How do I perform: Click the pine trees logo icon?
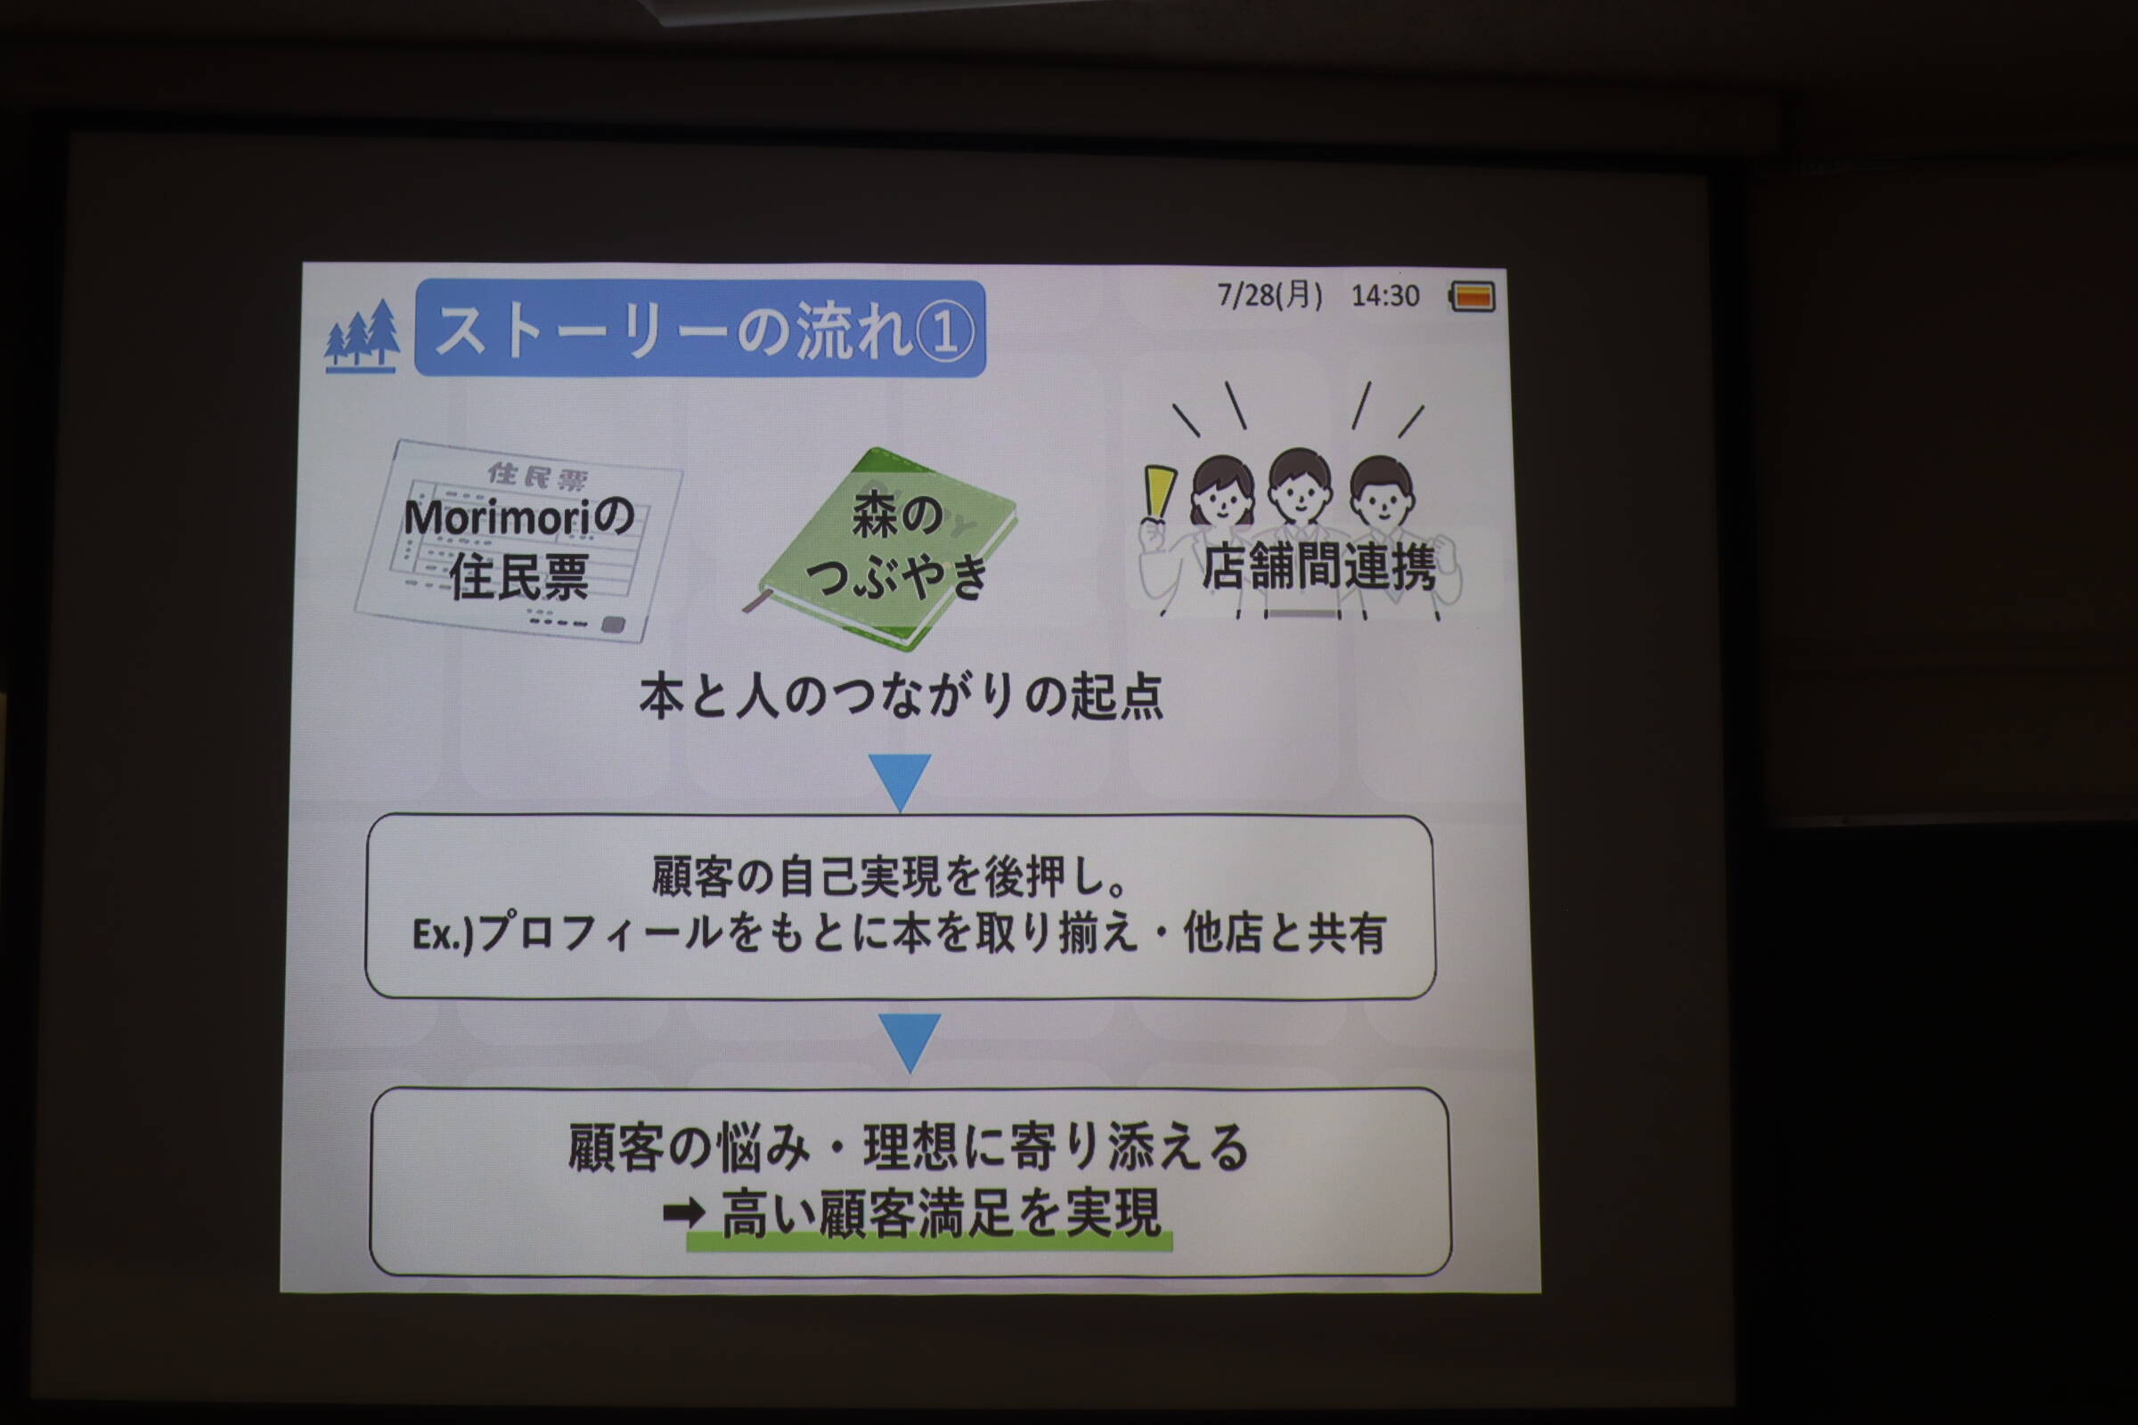362,336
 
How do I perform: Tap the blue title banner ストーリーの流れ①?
700,328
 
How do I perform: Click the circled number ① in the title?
944,331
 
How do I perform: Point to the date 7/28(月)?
1270,295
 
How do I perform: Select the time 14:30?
1384,296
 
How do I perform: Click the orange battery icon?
1473,297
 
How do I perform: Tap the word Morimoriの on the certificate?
518,517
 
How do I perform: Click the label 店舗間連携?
1318,567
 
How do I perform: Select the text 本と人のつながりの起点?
901,698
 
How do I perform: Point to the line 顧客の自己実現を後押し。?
891,876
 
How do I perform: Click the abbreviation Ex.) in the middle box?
443,934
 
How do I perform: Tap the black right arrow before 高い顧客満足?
684,1211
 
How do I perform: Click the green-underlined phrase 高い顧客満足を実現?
941,1214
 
